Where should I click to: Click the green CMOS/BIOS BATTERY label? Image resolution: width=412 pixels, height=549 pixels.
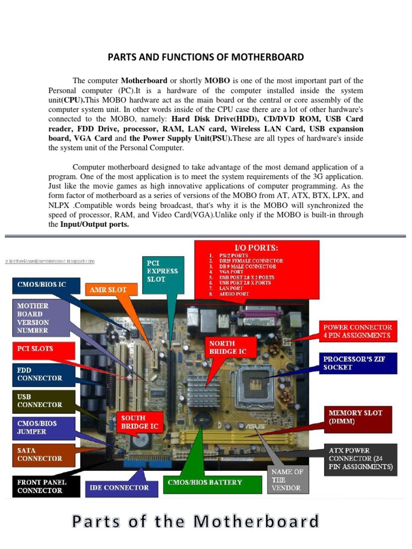(x=204, y=482)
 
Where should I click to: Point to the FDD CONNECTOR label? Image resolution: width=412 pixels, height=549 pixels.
(x=39, y=374)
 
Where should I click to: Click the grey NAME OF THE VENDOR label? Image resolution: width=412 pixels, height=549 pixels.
(x=287, y=480)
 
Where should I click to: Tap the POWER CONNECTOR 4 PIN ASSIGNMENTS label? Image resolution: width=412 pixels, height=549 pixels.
(x=357, y=331)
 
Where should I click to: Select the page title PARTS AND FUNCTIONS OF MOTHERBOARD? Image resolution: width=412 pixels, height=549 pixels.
(x=206, y=57)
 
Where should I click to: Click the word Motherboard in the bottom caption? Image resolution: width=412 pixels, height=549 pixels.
(x=256, y=521)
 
